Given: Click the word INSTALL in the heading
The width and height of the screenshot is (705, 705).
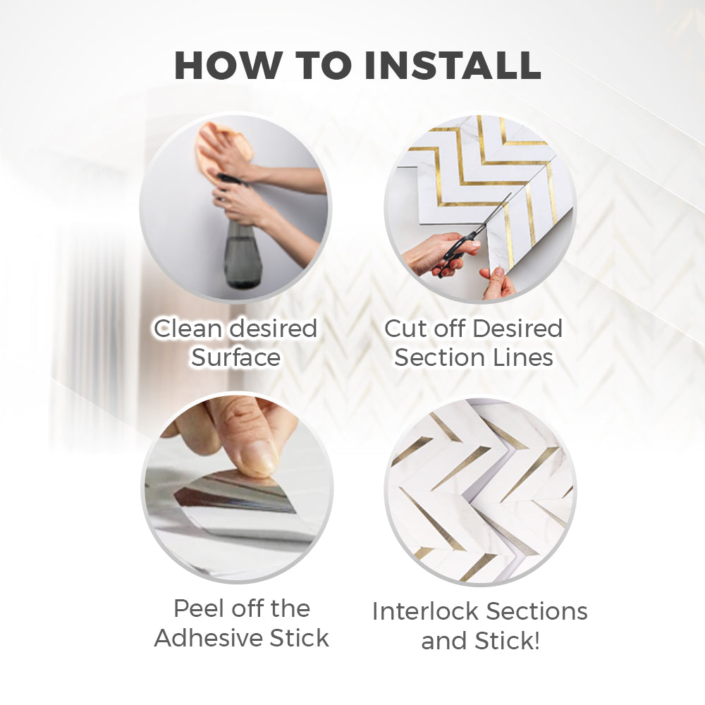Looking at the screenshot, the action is (453, 66).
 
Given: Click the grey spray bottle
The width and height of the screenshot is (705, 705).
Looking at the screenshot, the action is (242, 243).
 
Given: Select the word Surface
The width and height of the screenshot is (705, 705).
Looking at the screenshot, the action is (236, 358).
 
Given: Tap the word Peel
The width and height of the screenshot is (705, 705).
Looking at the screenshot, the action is (199, 609).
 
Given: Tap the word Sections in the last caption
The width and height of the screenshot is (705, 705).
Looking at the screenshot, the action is (537, 611).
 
